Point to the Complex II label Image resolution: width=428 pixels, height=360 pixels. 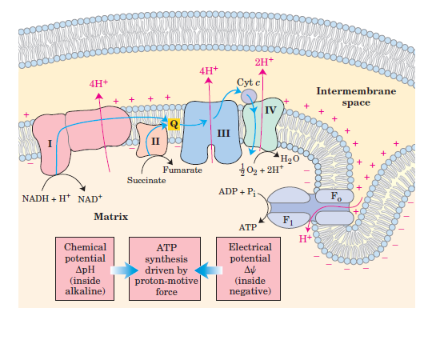click(154, 140)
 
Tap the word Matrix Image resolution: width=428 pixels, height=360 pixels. click(112, 216)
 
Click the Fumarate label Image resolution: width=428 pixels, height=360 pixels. click(182, 170)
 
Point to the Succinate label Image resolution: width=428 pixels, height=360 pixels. click(146, 181)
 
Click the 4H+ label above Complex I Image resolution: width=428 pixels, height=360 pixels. click(99, 82)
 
